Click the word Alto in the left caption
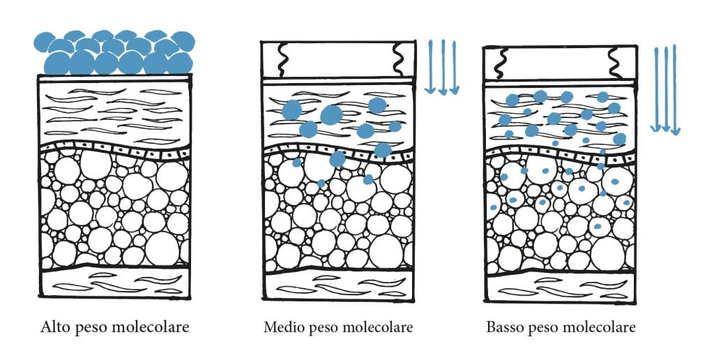[x=53, y=327]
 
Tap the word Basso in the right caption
[x=504, y=327]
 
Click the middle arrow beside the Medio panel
[x=443, y=66]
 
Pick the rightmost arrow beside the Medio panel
[x=455, y=66]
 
